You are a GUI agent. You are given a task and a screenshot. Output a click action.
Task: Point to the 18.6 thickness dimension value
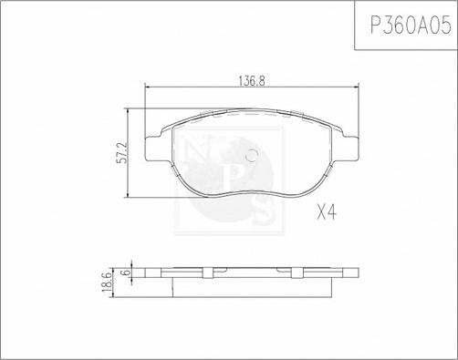pos(108,283)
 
